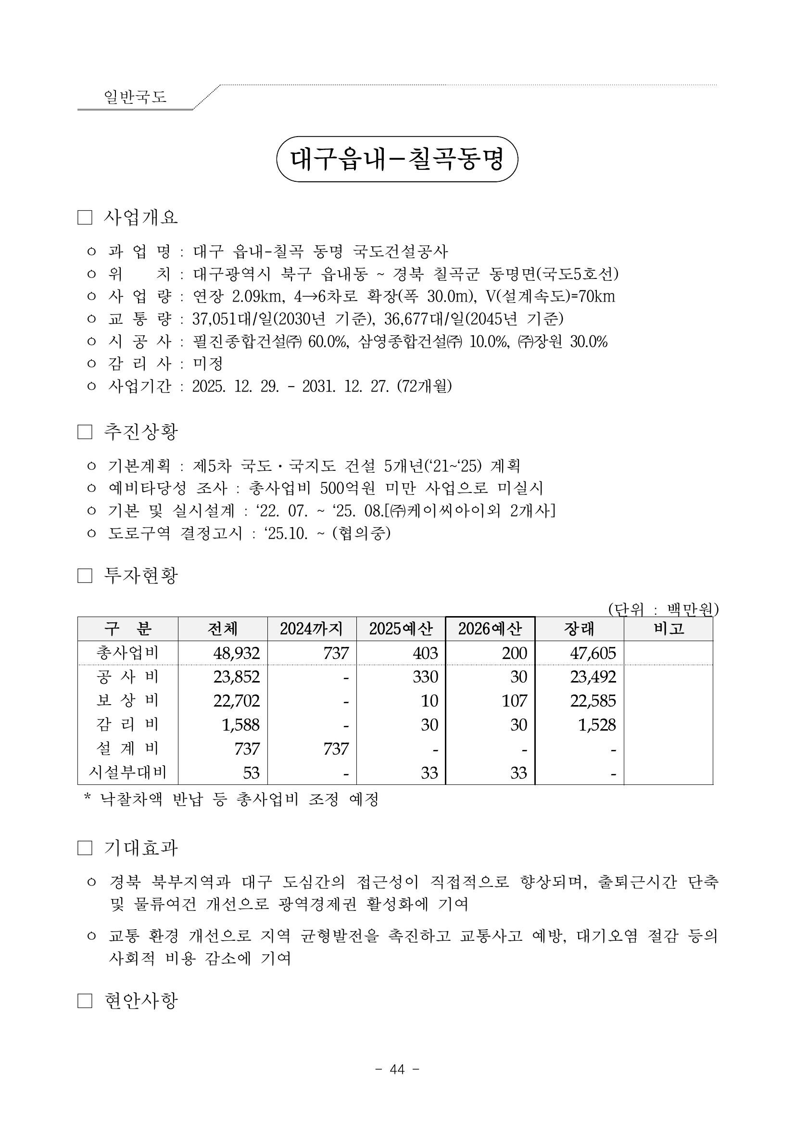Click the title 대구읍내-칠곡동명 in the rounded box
397,159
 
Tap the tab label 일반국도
135,97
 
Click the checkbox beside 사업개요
85,217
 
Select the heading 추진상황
140,431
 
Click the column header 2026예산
490,629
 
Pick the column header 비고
668,629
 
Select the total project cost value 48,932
237,653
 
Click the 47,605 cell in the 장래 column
593,653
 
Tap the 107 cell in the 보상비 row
514,701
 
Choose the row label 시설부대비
128,772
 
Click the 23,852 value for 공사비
237,677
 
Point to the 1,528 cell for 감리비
597,724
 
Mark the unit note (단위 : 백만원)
663,609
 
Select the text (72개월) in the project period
424,387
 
